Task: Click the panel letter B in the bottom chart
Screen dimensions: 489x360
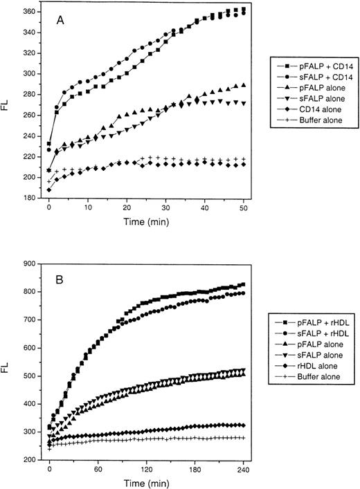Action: coord(62,283)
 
